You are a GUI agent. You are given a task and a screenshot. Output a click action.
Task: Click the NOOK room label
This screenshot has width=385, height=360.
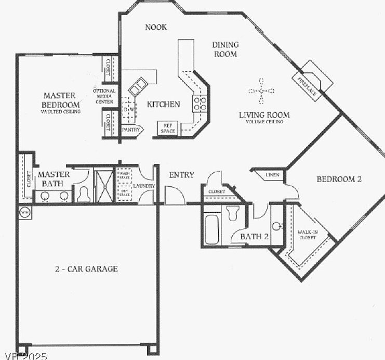(156, 27)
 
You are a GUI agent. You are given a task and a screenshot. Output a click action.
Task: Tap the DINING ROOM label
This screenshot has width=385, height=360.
(225, 49)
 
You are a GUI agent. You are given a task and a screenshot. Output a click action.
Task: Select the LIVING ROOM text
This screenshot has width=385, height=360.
(264, 116)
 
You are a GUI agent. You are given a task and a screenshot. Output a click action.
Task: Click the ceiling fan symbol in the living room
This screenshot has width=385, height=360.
(261, 91)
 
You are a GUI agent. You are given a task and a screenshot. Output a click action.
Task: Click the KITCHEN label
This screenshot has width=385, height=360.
(164, 104)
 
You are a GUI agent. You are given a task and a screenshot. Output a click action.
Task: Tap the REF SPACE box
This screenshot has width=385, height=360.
(168, 128)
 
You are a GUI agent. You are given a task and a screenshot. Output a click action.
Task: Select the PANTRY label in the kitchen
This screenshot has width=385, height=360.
(131, 129)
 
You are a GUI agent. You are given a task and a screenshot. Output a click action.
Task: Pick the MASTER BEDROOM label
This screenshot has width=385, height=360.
(59, 99)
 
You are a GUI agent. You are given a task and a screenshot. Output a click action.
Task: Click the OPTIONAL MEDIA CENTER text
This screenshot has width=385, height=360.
(103, 96)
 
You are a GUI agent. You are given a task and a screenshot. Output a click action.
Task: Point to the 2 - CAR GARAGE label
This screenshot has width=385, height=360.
(86, 269)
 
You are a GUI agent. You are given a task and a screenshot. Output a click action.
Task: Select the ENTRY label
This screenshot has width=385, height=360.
(181, 175)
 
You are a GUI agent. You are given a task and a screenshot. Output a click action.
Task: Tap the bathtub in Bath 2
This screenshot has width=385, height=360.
(210, 228)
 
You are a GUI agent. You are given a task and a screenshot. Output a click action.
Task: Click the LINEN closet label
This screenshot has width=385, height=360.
(272, 175)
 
